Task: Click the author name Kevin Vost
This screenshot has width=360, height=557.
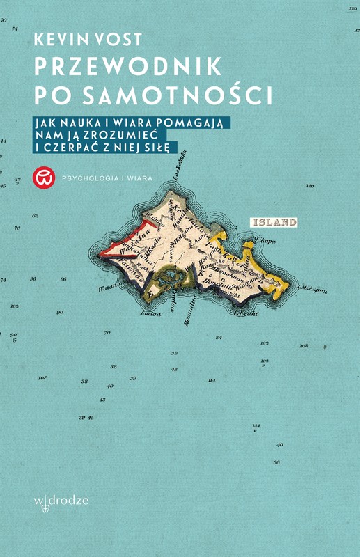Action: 86,40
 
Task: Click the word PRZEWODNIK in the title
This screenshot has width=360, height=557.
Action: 128,66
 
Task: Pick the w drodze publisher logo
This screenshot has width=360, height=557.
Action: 61,501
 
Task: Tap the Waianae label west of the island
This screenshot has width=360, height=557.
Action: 107,285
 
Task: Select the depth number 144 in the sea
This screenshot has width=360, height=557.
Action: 256,425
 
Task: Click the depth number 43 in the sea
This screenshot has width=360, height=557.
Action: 102,400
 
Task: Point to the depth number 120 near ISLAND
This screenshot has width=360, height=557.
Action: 310,187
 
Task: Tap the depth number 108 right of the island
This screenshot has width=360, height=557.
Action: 303,345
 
